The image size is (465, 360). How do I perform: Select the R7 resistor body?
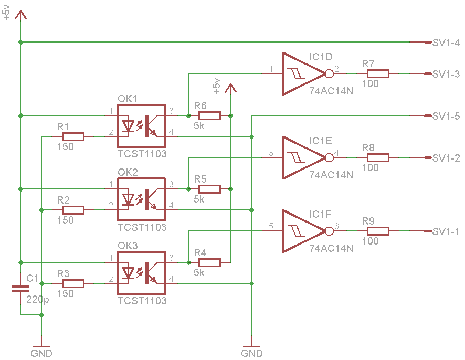click(x=378, y=73)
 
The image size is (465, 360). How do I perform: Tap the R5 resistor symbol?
click(x=209, y=189)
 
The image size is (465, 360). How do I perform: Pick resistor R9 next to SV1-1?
click(x=378, y=231)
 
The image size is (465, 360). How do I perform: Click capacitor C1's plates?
click(x=20, y=289)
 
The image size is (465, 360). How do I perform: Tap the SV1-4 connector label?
click(x=446, y=43)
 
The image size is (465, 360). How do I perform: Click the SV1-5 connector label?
click(x=446, y=116)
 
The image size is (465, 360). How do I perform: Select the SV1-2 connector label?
click(x=446, y=158)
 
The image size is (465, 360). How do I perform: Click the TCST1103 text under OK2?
click(x=142, y=228)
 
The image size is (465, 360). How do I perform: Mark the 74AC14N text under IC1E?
click(x=331, y=175)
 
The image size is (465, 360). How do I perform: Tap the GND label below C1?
click(x=41, y=353)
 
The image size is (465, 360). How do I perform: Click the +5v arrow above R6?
click(x=230, y=89)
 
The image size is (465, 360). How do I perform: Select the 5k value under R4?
click(x=199, y=273)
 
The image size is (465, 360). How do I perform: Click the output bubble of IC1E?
click(x=330, y=157)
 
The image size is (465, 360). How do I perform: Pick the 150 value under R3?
click(x=65, y=294)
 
